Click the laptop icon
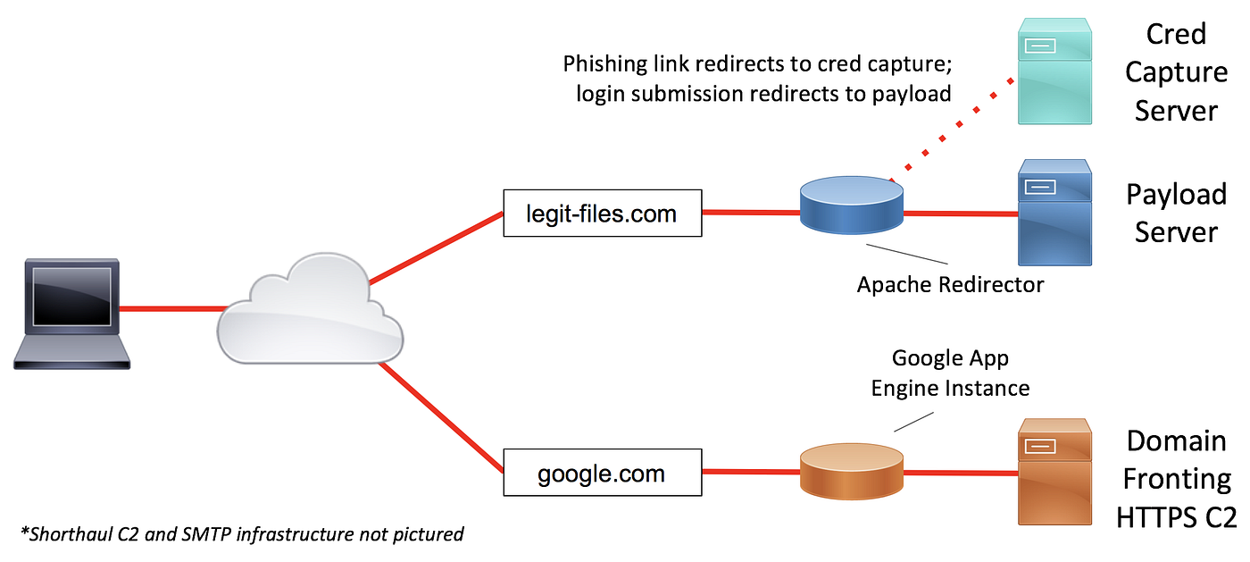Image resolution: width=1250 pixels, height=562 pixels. [x=71, y=313]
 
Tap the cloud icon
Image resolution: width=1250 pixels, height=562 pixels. [x=308, y=308]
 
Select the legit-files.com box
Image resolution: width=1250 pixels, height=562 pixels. [x=602, y=213]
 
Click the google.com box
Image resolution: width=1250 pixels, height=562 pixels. [x=601, y=473]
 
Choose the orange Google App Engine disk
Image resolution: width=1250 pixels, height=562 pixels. [x=852, y=468]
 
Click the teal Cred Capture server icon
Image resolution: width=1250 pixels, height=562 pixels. [x=1054, y=71]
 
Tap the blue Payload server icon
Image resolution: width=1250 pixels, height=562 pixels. [x=1054, y=213]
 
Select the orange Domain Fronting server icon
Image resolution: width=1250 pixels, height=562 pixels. [x=1054, y=471]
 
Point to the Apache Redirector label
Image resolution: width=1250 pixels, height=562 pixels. [x=950, y=284]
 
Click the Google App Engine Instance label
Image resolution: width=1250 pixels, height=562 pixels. [x=950, y=373]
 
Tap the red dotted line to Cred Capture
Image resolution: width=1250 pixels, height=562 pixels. [x=955, y=125]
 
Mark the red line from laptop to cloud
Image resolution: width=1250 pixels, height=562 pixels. [x=170, y=310]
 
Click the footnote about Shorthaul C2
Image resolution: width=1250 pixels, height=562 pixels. [x=241, y=534]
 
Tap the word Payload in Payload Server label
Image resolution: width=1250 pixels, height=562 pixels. [x=1175, y=194]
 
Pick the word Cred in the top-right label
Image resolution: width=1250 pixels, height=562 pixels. [x=1176, y=34]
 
